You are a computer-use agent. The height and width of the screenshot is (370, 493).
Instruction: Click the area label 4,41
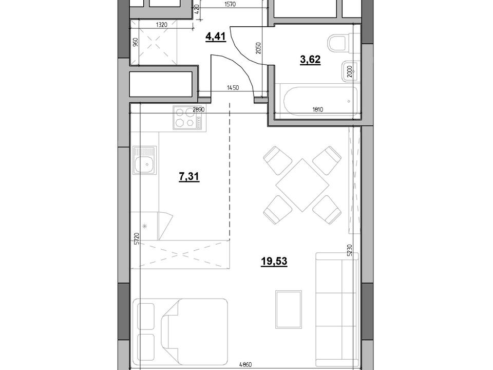tap(215, 38)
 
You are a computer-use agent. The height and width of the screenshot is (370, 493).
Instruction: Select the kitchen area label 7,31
tap(189, 177)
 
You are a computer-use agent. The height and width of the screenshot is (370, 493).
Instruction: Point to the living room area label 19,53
tap(274, 261)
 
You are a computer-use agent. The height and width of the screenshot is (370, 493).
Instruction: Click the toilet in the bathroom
tap(339, 43)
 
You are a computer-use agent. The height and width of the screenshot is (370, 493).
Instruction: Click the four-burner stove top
tap(189, 117)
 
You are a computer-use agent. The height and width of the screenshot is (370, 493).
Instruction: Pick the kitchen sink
tap(145, 160)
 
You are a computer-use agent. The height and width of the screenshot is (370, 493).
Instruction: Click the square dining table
tap(302, 185)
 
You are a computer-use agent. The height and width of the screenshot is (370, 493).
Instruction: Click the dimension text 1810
tap(318, 109)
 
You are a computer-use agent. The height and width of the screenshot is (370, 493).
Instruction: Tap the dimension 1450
tap(233, 88)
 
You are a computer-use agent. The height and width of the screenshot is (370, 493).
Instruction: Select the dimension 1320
tap(161, 25)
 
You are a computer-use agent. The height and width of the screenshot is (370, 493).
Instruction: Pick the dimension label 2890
tap(199, 110)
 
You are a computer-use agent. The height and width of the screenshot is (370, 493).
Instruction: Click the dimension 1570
tap(231, 5)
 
